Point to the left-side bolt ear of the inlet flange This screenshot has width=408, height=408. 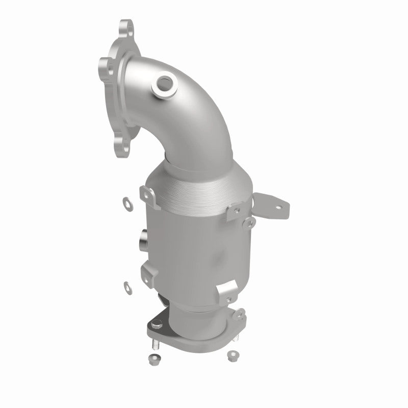coord(105,65)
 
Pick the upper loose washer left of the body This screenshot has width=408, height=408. coord(125,201)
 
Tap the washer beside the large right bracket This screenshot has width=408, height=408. coord(248,222)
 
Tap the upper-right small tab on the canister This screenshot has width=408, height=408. coord(236,211)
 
